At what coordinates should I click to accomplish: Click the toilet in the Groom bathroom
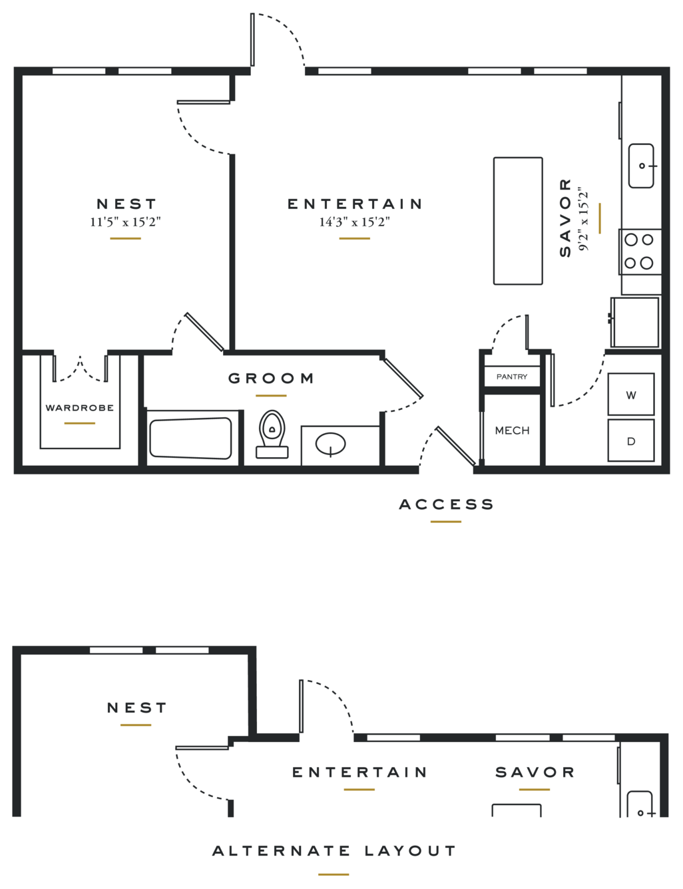point(272,434)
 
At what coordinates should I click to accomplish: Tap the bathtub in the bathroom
point(190,438)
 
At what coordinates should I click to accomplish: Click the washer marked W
point(630,394)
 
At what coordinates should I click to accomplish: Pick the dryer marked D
point(630,441)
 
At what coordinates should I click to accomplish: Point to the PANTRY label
point(511,377)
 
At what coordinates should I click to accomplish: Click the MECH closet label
point(512,431)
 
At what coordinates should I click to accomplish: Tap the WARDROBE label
point(80,408)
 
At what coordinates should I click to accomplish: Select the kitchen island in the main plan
point(518,221)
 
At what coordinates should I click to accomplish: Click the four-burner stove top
point(640,252)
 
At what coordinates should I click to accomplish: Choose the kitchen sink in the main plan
point(641,166)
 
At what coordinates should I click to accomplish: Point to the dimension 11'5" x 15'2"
point(125,222)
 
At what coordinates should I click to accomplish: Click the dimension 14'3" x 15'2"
point(354,222)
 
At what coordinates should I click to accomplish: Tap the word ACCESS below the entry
point(447,504)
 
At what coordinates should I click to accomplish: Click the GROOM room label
point(271,379)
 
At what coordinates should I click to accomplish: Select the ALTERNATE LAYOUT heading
point(334,851)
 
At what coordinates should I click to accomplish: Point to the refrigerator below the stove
point(634,322)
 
